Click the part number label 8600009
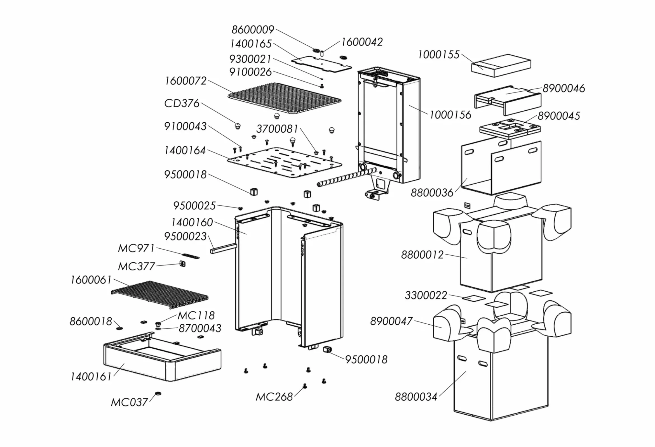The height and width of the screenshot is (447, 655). [253, 30]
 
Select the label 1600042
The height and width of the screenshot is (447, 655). [362, 42]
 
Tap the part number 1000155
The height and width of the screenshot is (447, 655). [438, 54]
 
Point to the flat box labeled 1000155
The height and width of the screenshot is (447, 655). [501, 65]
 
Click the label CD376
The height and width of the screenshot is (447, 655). [182, 103]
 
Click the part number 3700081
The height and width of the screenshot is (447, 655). [277, 129]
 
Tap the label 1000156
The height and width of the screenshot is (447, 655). [450, 115]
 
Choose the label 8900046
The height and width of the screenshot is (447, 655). [564, 88]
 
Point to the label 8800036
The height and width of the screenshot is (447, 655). [432, 193]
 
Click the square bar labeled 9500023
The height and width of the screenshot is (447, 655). [223, 249]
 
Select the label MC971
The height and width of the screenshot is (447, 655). [136, 248]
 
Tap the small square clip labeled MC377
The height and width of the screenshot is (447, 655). [183, 264]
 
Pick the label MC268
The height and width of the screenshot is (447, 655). [274, 397]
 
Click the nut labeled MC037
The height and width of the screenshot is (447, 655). [158, 393]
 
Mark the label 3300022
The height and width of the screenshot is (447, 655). [426, 295]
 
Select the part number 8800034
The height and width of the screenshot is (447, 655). [416, 397]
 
